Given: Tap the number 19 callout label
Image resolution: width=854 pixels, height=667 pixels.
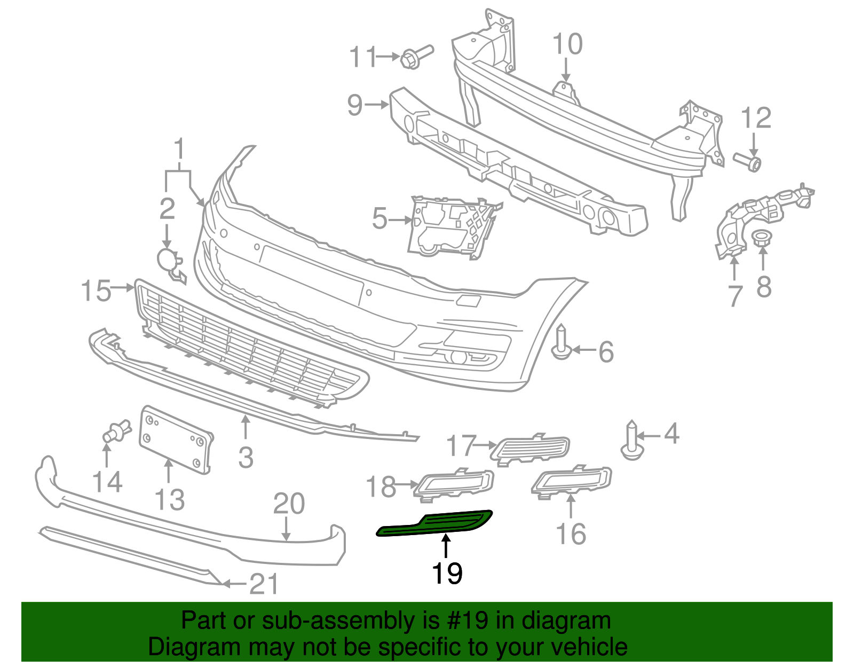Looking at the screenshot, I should [446, 574].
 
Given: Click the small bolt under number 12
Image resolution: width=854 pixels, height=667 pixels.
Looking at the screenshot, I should [747, 161].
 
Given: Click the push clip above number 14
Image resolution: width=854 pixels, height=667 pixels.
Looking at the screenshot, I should [116, 431].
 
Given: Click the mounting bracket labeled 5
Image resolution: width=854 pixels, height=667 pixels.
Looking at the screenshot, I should [451, 227].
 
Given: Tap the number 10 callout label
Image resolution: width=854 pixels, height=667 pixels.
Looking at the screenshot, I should [567, 44].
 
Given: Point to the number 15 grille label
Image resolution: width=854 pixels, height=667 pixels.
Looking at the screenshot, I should [96, 291].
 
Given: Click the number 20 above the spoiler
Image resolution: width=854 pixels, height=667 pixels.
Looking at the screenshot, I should [289, 504].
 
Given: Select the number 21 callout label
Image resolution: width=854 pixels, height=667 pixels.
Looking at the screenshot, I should [264, 584].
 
